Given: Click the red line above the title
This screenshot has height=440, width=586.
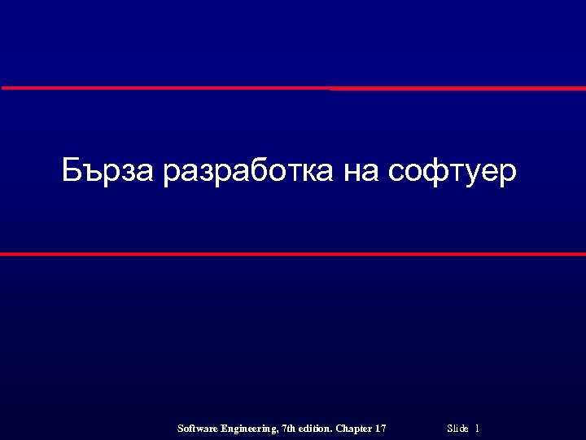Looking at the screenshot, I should [293, 88].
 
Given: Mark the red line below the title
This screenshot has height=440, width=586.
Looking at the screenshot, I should [293, 254].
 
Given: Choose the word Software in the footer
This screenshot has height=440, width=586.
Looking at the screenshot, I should [196, 429].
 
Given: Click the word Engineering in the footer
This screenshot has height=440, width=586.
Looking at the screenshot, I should [248, 429].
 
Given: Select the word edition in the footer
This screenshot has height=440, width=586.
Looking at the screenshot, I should [316, 429].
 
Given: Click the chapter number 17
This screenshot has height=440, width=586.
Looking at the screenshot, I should [380, 429].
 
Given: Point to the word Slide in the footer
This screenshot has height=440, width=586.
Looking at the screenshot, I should [458, 429].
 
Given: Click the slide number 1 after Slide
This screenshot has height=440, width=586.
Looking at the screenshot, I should [477, 429].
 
